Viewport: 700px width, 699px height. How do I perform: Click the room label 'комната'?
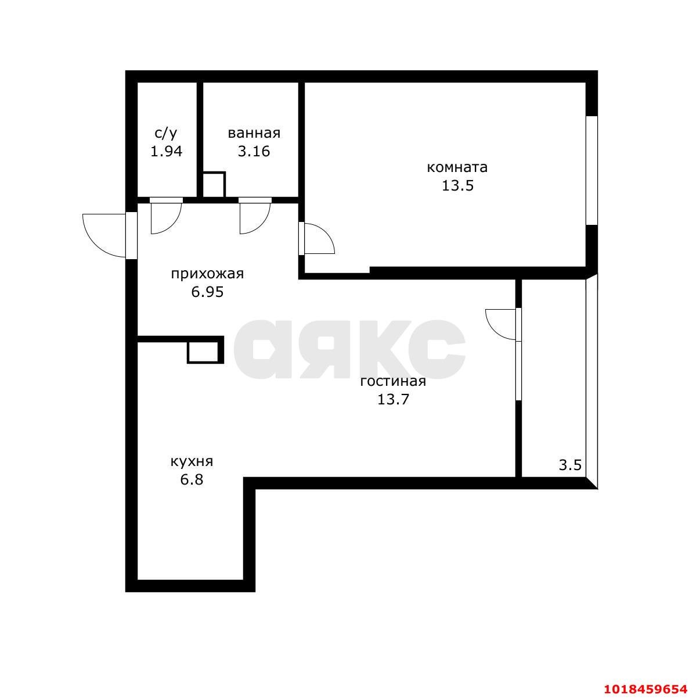click(457, 168)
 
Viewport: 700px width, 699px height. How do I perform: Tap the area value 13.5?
click(458, 185)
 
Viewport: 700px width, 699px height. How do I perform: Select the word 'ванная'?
click(254, 133)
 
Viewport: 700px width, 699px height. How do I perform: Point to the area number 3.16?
click(254, 151)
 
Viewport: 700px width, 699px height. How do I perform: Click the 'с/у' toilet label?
click(166, 133)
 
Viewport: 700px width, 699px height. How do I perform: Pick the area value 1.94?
click(166, 151)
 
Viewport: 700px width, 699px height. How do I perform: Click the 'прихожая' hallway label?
click(207, 274)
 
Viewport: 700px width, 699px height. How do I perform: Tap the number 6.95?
click(207, 292)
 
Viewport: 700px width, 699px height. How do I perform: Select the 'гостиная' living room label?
click(393, 382)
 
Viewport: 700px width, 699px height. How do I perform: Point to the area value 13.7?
click(394, 399)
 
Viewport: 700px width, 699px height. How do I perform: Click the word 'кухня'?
click(192, 462)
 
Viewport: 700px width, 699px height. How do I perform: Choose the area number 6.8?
click(192, 480)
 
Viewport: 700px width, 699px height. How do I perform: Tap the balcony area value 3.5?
click(571, 465)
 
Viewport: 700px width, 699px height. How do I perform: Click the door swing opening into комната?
click(326, 233)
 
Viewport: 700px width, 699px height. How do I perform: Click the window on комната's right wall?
click(591, 170)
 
